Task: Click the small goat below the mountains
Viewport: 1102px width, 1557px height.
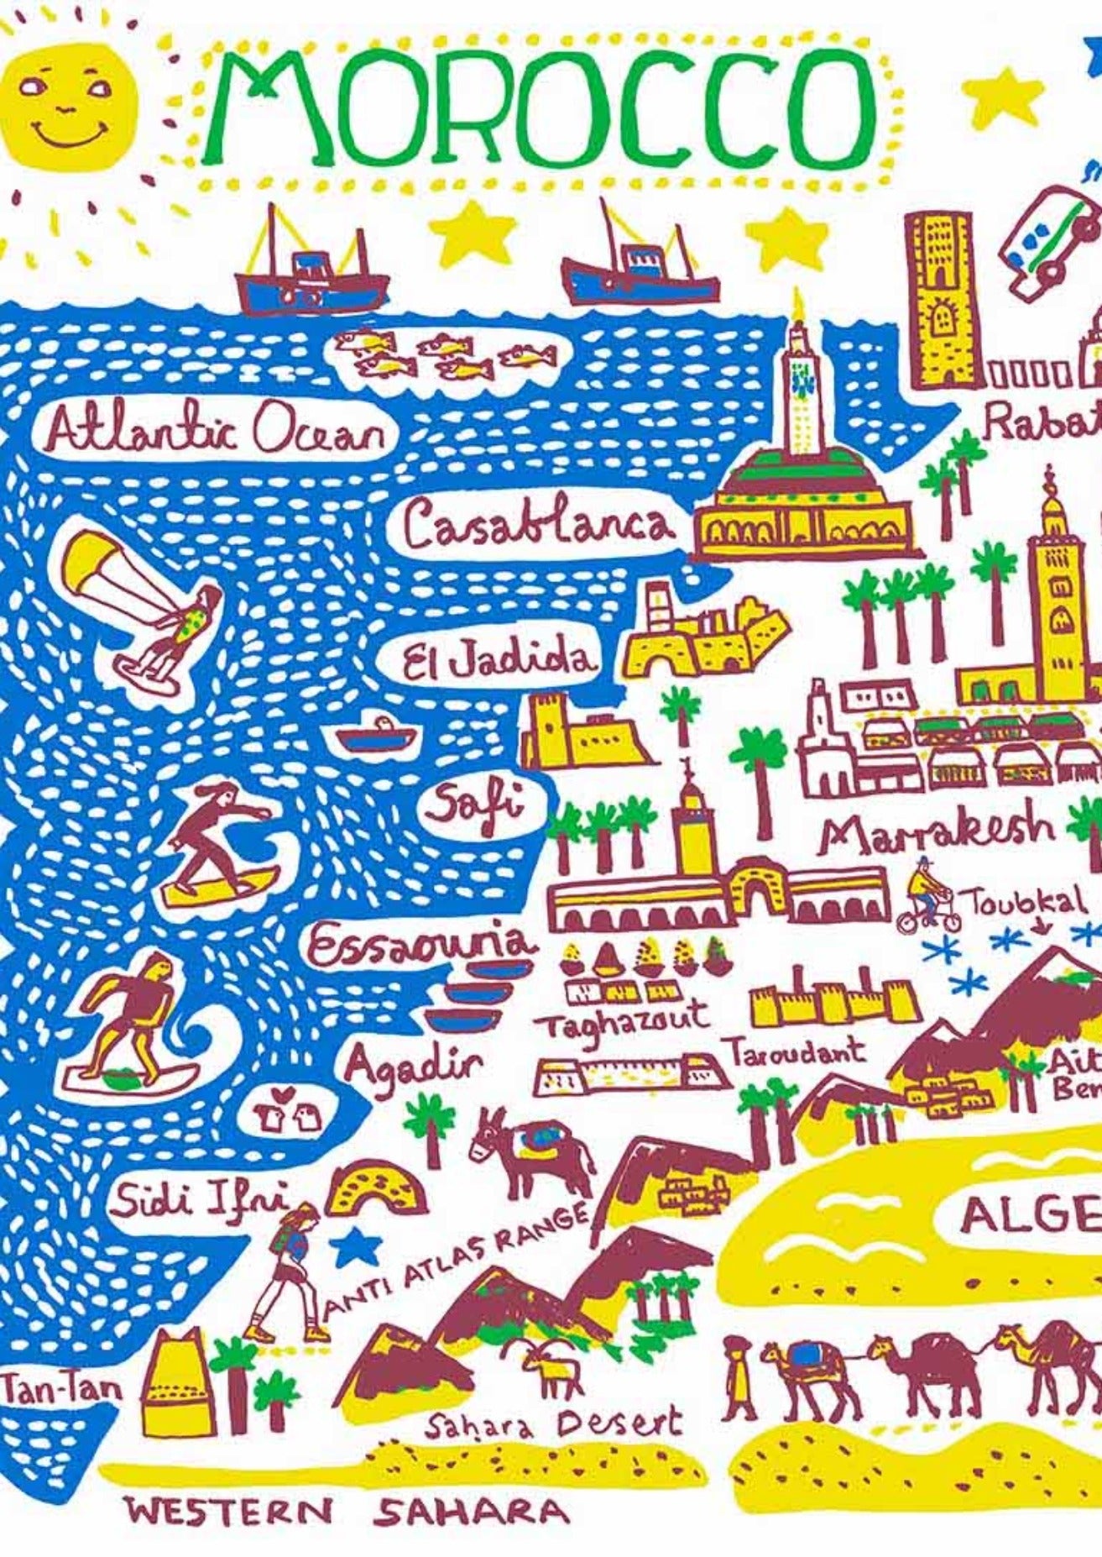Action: tap(551, 1366)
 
